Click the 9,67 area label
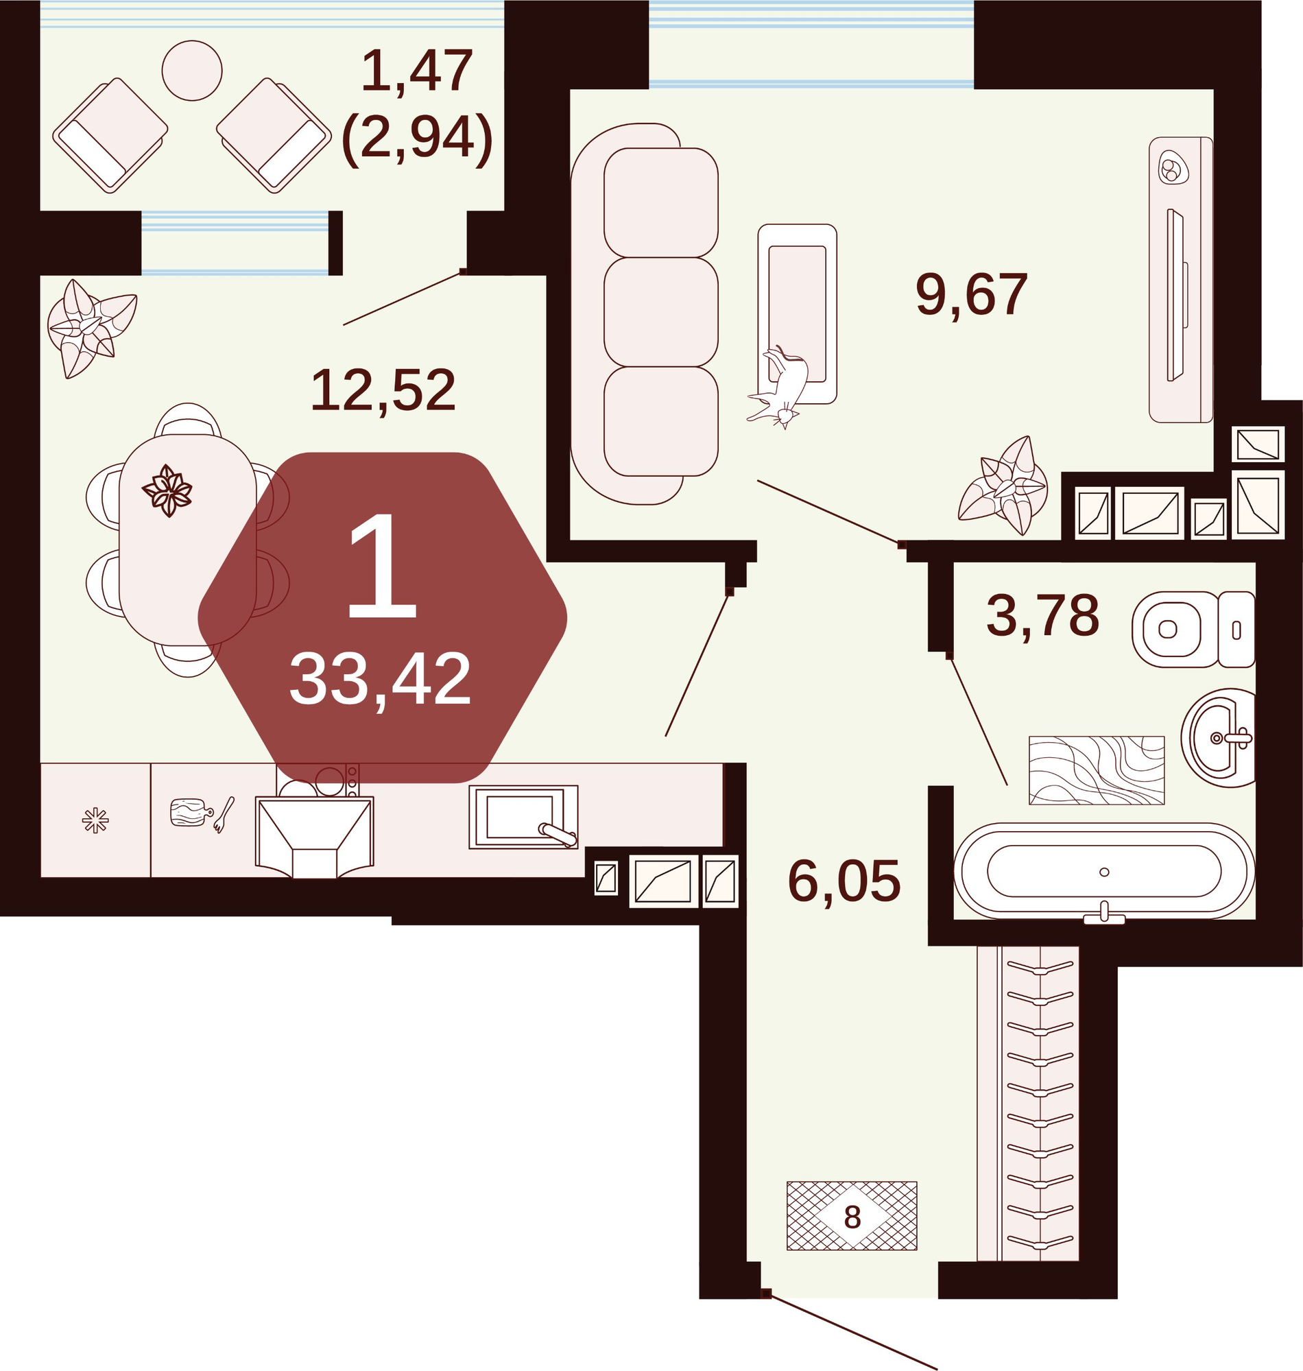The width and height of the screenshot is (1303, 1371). coord(971,295)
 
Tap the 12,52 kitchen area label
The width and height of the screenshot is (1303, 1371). coord(383,391)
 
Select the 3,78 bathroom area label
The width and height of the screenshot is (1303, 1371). coord(1042,616)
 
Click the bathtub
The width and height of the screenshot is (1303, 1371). coord(1103,872)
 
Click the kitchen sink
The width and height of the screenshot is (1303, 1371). coord(523,818)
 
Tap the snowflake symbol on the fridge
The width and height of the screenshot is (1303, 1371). coord(95,821)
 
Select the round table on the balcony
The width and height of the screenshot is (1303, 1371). coord(192,70)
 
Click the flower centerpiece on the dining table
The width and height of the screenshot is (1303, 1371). coord(167,491)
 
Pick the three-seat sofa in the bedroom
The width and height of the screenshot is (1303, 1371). coord(644,314)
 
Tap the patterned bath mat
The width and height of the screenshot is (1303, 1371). coord(1097,770)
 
